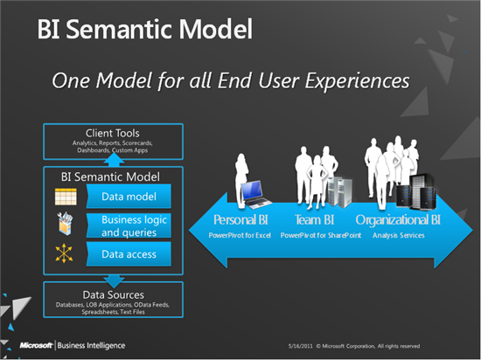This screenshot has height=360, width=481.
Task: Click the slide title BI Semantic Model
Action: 144,30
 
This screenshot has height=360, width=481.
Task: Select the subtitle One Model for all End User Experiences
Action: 230,80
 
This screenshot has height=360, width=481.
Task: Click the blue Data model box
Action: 129,197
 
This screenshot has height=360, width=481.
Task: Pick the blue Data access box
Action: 129,254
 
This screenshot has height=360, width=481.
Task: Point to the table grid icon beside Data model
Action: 66,197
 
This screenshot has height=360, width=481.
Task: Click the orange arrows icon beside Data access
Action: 66,254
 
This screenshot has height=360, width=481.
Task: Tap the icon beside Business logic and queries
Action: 66,225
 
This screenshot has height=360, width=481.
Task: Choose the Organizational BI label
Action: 398,220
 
